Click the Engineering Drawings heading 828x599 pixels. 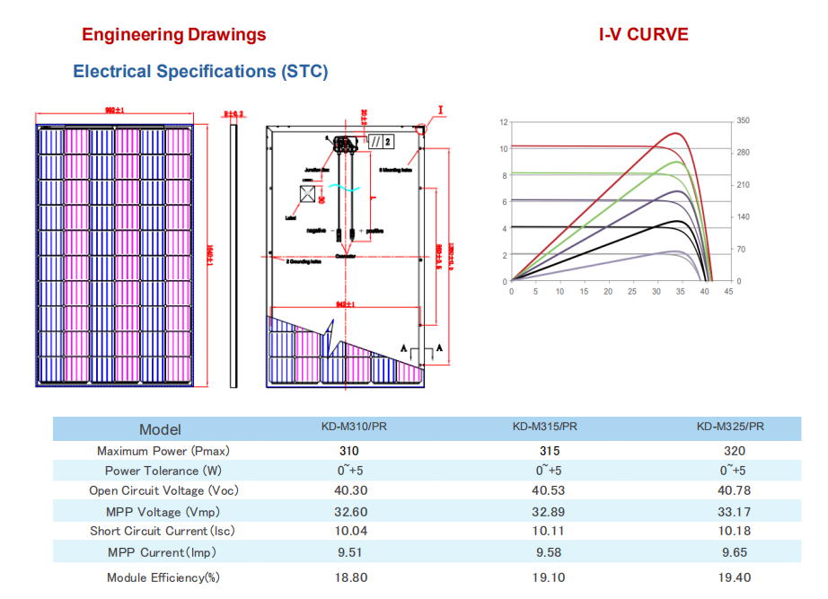[173, 35]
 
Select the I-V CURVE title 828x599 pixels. [644, 35]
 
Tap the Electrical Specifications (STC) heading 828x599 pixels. [200, 71]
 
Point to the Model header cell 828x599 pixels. [160, 429]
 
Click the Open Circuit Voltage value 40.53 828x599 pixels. [544, 490]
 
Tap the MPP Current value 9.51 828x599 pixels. [350, 552]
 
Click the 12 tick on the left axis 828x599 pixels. [504, 121]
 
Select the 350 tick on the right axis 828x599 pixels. [743, 120]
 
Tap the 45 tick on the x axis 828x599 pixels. [728, 291]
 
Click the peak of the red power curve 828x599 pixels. [674, 133]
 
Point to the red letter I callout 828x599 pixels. [441, 111]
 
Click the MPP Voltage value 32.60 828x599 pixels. [350, 512]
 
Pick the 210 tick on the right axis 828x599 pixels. [743, 185]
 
